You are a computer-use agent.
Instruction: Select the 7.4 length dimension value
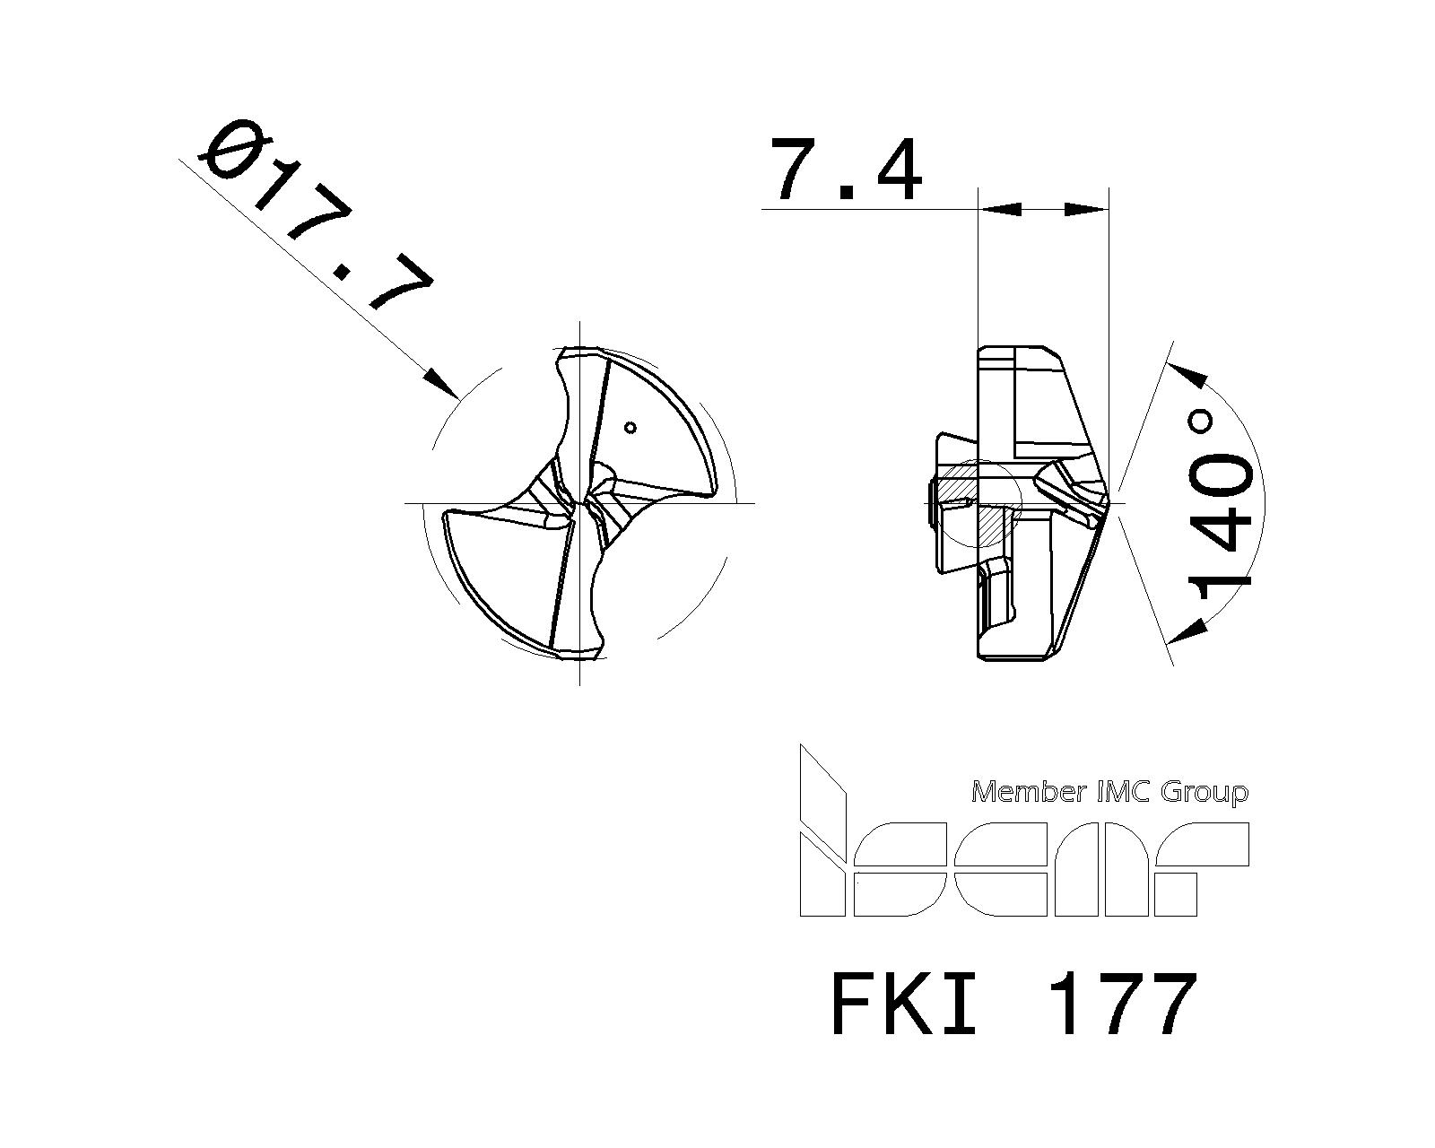coord(848,170)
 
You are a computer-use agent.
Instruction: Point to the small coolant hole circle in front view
coord(631,427)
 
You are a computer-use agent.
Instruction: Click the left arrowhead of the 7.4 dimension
coord(1000,209)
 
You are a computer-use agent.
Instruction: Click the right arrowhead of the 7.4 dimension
coord(1085,209)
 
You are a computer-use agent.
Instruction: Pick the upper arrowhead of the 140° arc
coord(1187,376)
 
